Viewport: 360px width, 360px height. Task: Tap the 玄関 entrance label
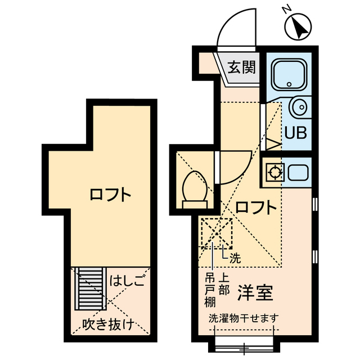(x=242, y=67)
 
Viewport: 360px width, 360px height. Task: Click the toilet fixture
(x=194, y=188)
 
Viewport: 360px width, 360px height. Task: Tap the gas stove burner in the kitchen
(x=274, y=172)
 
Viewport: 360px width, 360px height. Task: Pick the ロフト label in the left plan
(x=110, y=196)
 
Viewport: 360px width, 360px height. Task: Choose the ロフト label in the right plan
(x=256, y=208)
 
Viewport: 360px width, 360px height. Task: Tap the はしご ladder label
(x=127, y=280)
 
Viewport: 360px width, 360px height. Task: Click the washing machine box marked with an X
(x=217, y=232)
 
